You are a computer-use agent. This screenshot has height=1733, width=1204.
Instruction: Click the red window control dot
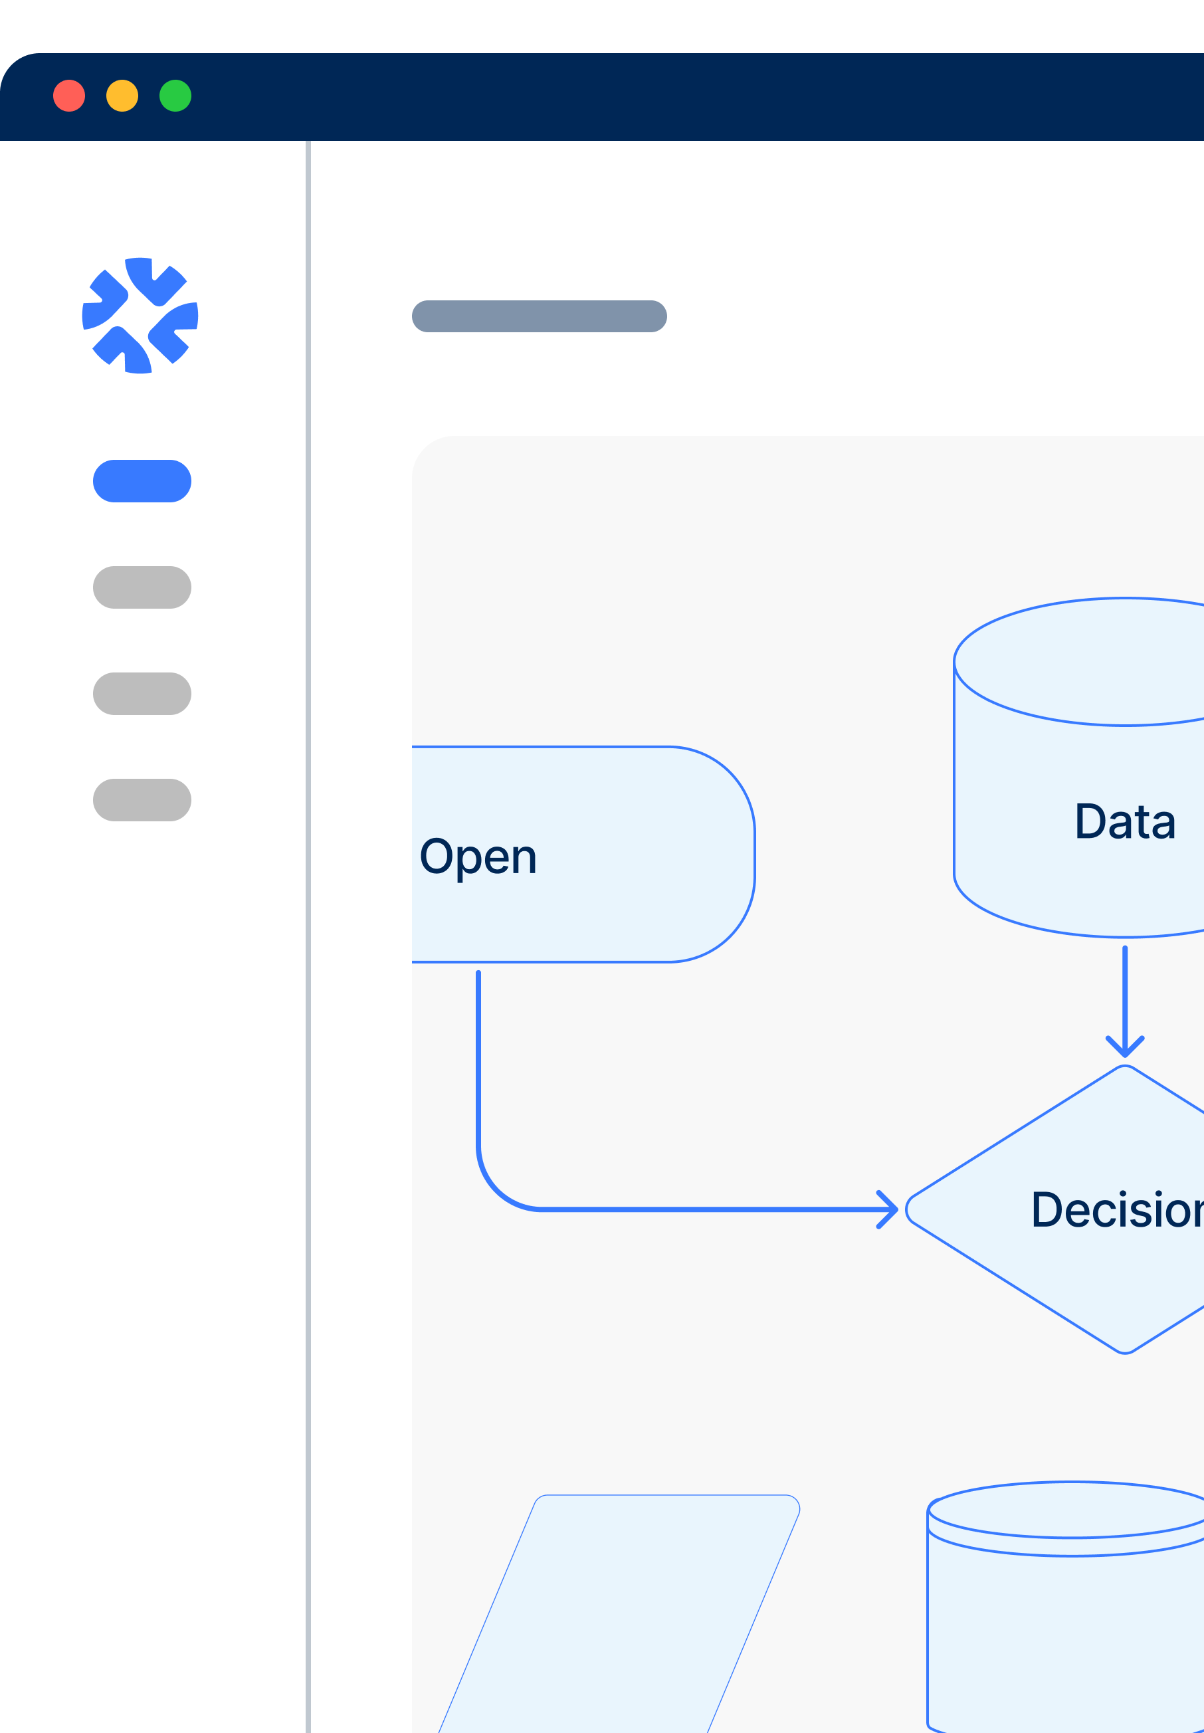pyautogui.click(x=68, y=96)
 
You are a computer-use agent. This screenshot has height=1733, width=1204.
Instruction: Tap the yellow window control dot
pyautogui.click(x=122, y=96)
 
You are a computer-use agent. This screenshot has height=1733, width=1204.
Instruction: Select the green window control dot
pyautogui.click(x=175, y=96)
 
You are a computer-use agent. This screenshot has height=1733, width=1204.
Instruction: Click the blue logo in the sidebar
pyautogui.click(x=140, y=316)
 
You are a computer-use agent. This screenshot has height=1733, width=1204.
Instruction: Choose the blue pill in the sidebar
pyautogui.click(x=142, y=480)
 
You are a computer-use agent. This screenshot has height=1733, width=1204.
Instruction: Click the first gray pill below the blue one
pyautogui.click(x=142, y=587)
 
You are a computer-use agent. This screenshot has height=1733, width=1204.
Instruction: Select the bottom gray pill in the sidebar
pyautogui.click(x=142, y=800)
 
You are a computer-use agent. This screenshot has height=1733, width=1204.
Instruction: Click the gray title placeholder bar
pyautogui.click(x=540, y=316)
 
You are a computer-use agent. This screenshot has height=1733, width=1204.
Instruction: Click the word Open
pyautogui.click(x=478, y=858)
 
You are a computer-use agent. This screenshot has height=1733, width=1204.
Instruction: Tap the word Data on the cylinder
pyautogui.click(x=1125, y=821)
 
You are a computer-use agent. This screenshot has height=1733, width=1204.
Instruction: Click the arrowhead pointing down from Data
pyautogui.click(x=1125, y=1047)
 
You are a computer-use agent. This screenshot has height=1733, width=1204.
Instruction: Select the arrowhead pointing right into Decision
pyautogui.click(x=888, y=1209)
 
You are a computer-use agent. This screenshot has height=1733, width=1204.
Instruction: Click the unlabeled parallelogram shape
pyautogui.click(x=619, y=1615)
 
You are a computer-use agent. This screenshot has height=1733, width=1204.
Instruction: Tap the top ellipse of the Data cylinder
pyautogui.click(x=1079, y=662)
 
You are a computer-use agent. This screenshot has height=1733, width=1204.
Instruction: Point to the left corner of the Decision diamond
pyautogui.click(x=907, y=1209)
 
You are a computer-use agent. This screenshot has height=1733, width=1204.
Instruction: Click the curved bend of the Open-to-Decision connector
pyautogui.click(x=496, y=1191)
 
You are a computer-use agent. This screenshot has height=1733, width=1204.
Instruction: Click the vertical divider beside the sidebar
pyautogui.click(x=308, y=937)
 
